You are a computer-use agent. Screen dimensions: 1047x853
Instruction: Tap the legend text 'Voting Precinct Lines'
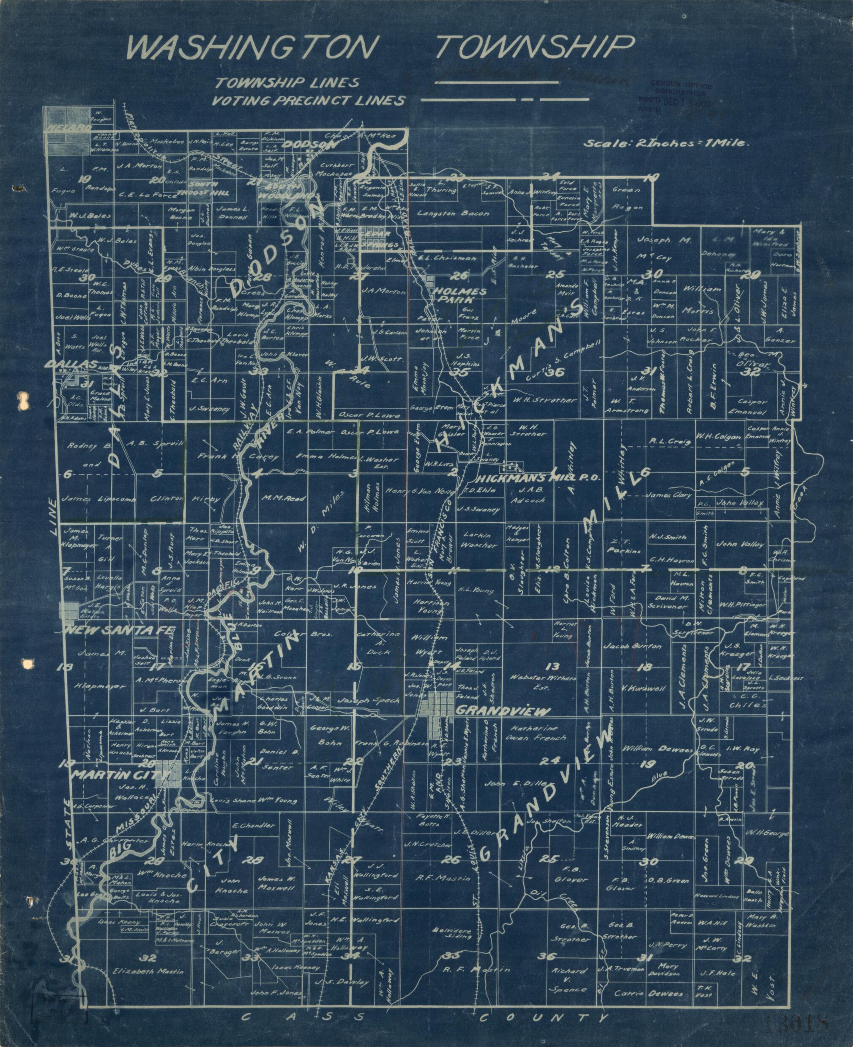tap(308, 101)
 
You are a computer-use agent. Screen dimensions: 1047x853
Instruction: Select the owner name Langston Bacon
tap(453, 213)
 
